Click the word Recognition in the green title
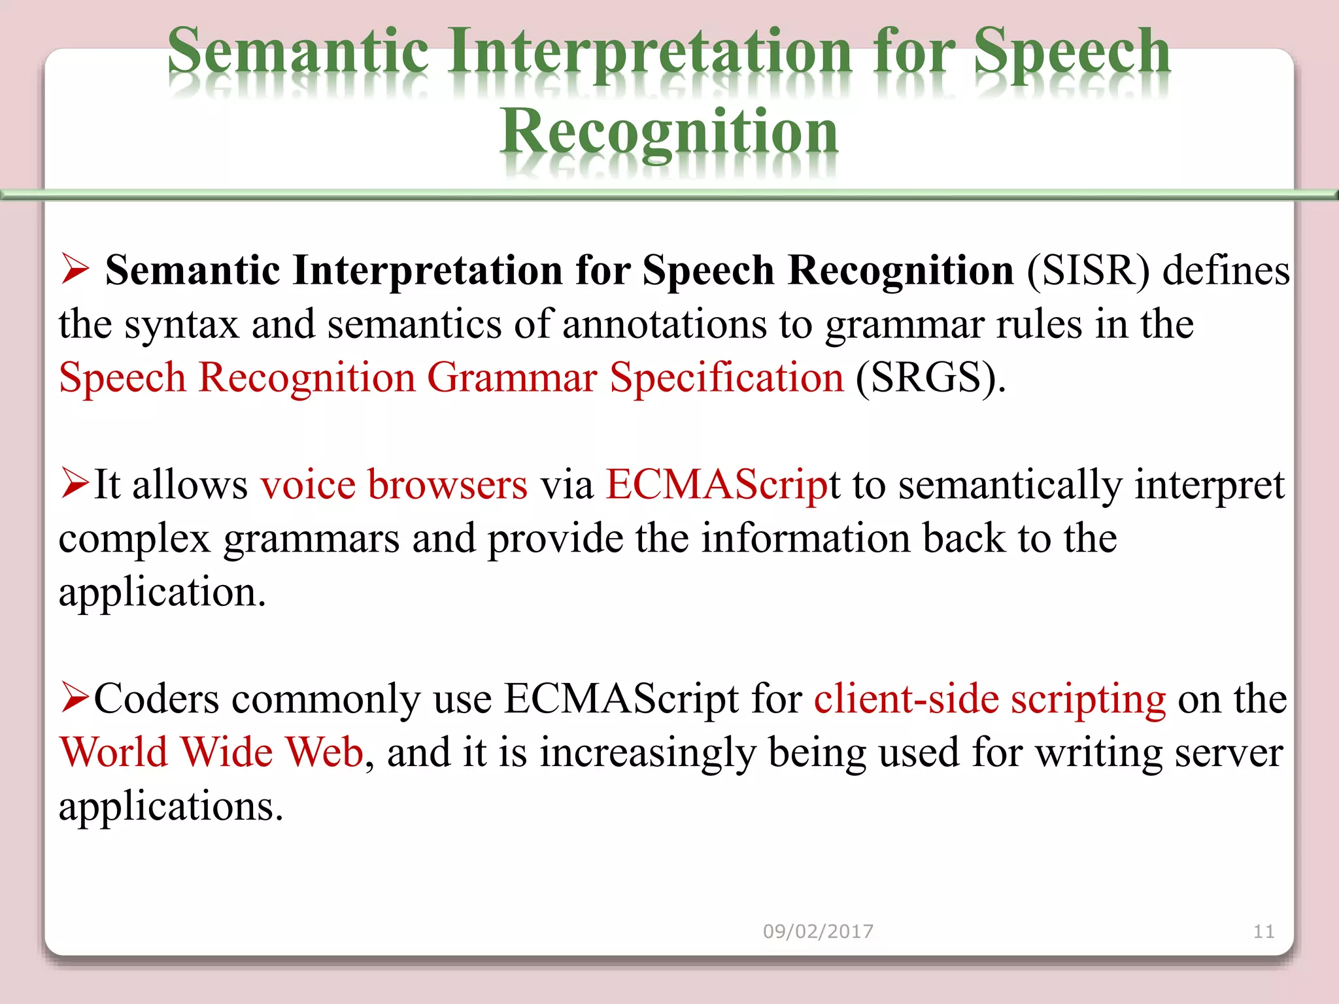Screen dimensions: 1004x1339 (668, 133)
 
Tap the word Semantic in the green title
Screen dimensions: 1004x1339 (298, 52)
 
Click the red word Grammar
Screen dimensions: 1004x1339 (512, 378)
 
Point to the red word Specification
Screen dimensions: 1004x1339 (726, 378)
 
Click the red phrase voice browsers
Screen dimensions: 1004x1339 (394, 485)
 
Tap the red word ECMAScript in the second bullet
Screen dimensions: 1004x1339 (717, 485)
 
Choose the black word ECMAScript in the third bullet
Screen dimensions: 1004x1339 (621, 699)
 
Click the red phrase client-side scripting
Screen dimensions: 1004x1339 (989, 699)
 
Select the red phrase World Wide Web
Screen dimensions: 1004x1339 (211, 752)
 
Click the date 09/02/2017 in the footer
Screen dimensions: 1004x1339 (818, 931)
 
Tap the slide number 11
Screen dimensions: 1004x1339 (1263, 931)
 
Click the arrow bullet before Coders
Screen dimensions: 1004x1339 (75, 697)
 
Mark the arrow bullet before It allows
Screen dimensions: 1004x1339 (75, 483)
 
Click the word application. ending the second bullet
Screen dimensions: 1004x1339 (162, 592)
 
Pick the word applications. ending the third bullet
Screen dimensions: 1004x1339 (171, 807)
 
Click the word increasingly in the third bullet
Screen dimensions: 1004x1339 (647, 752)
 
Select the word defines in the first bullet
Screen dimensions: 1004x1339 (1226, 271)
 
